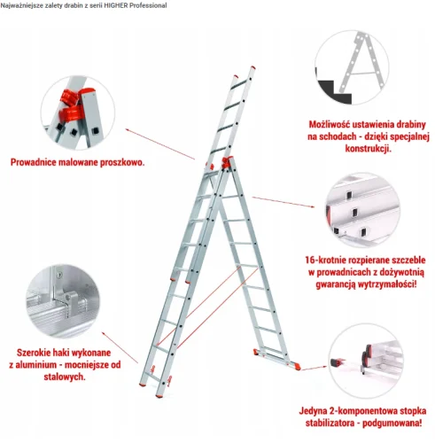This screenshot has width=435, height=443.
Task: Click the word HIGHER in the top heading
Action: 116,5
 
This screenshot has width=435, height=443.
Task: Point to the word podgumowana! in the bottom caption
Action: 392,424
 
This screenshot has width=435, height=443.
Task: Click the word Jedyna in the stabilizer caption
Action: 313,411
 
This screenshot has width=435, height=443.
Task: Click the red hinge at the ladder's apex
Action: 227,162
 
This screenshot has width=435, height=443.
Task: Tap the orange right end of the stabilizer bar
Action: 298,367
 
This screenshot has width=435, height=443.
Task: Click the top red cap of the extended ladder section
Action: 253,68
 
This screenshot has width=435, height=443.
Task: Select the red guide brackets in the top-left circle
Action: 74,105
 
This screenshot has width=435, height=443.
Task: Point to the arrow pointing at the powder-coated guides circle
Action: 160,144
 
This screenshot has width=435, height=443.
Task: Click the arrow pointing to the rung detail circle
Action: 284,202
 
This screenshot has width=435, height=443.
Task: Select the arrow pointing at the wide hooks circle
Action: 120,347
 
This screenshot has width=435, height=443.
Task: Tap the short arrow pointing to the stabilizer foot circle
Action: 314,368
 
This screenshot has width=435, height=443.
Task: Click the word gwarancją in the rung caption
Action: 335,284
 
